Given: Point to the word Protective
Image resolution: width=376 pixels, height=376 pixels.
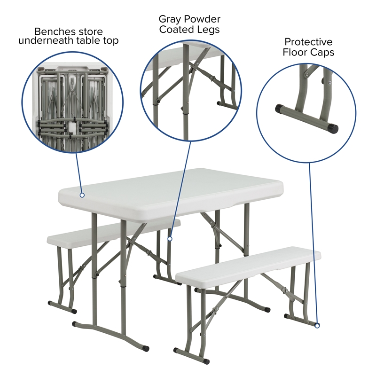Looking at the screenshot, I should [308, 42].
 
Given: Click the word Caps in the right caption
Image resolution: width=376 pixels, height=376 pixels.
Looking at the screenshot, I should [324, 52].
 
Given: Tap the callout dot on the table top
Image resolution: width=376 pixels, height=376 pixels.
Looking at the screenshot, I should [82, 195].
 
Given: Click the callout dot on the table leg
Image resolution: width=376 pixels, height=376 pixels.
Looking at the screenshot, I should [170, 239].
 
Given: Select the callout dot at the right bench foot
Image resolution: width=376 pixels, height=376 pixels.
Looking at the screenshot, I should [317, 325].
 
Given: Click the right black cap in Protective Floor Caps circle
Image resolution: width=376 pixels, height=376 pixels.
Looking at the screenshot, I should [333, 127].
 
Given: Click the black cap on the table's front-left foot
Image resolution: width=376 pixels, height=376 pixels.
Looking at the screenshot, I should [76, 324].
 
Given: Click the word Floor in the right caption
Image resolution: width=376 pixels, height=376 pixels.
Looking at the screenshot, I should [295, 52].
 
